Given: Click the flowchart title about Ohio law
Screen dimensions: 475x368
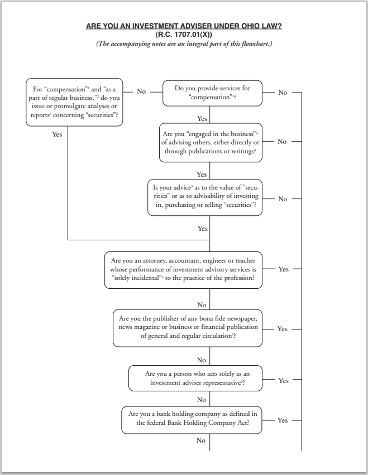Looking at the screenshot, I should point(184,26).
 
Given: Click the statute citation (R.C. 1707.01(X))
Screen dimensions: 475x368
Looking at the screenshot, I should point(184,35).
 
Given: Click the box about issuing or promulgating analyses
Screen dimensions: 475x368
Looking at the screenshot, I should point(74,102).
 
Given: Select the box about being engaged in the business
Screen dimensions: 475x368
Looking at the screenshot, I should point(210,142).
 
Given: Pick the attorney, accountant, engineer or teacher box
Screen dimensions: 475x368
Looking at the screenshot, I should point(183,269).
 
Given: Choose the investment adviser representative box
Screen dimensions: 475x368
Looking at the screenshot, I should point(195,379).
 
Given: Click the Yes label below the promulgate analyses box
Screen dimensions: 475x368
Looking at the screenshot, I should point(57,134).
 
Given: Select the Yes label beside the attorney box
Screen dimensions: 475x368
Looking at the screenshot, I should point(283,269).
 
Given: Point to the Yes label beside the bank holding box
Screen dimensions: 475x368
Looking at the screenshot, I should point(283,420).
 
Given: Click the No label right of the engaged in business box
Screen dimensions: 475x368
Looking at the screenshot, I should point(282,142).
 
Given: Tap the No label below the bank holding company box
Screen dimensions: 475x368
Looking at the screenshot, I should point(201,440).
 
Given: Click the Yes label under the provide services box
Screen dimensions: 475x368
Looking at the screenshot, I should point(202,119).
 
